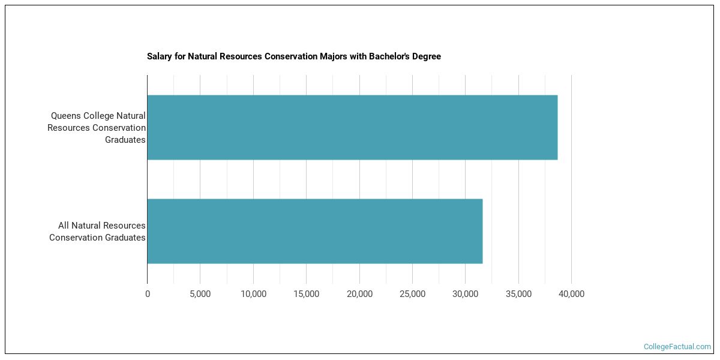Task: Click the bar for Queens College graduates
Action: coord(352,127)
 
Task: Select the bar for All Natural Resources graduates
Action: coord(315,231)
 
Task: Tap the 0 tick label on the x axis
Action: coord(148,294)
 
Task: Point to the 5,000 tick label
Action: coord(200,294)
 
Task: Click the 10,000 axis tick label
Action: coord(253,294)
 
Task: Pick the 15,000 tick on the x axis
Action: coord(306,294)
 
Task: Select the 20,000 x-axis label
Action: coord(359,294)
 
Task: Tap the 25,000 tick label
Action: coord(412,294)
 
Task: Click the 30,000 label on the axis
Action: coord(466,294)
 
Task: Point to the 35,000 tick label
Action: coord(518,294)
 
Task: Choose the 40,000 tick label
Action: coord(571,294)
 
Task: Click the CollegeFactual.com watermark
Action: coord(677,347)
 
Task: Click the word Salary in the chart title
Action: coord(159,56)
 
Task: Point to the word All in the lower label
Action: coord(64,226)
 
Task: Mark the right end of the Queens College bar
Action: coord(557,127)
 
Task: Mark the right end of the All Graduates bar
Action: coord(482,231)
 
